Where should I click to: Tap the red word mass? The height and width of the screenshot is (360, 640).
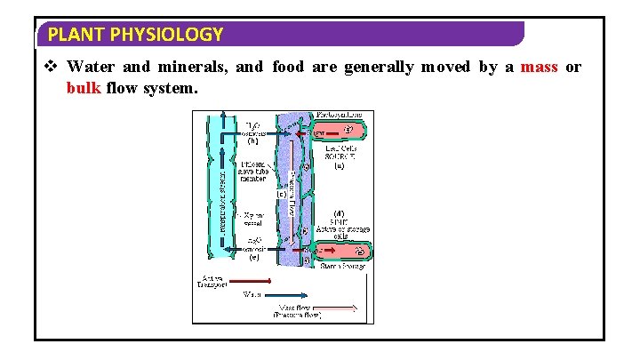tap(539, 68)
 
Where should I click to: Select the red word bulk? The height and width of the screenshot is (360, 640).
tap(83, 89)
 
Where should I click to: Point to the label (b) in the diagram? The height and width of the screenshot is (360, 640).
tap(252, 140)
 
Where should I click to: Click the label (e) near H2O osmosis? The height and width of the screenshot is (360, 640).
tap(253, 259)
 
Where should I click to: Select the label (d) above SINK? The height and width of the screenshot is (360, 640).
tap(339, 212)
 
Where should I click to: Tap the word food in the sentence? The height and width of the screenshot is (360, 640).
tap(289, 68)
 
